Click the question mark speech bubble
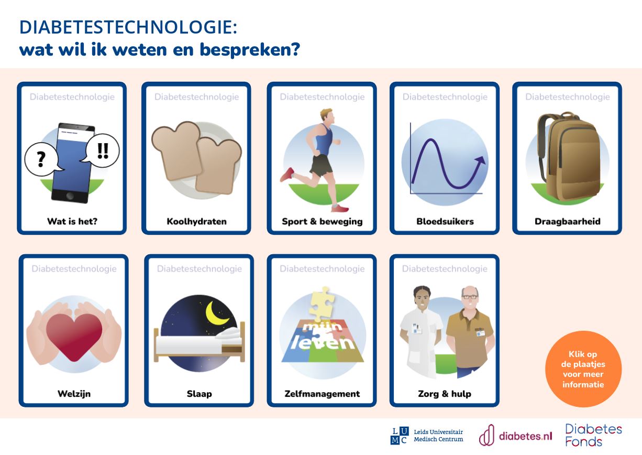(41, 159)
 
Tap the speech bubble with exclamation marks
(102, 150)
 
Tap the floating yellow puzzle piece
(322, 304)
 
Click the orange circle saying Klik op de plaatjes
(583, 369)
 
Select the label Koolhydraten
(196, 222)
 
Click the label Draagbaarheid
(568, 222)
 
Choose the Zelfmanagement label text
(322, 394)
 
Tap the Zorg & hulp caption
(445, 394)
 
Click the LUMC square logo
(399, 436)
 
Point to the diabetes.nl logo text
(525, 436)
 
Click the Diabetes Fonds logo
(593, 436)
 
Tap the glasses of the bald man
(470, 297)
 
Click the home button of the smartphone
(70, 196)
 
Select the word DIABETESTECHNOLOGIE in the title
(128, 28)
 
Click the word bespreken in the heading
(250, 50)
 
